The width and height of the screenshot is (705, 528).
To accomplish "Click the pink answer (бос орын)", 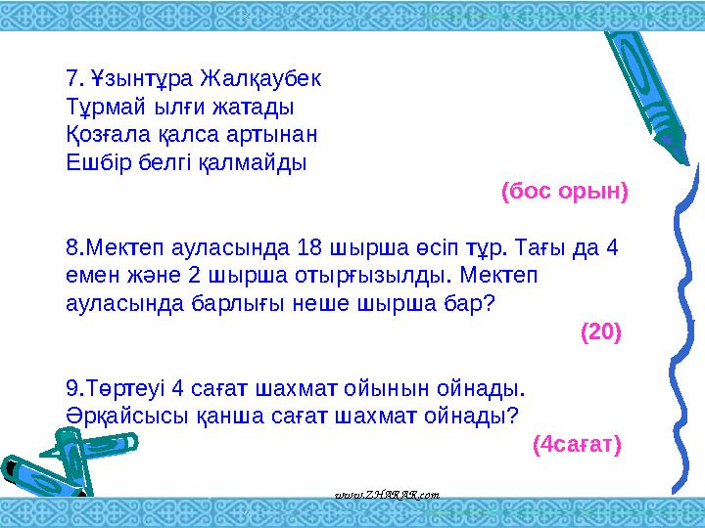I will click(x=564, y=190).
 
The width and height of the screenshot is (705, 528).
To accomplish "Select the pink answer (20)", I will click(x=600, y=332).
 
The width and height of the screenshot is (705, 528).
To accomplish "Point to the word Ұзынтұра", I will click(x=143, y=76).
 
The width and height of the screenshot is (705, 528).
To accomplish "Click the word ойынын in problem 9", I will click(x=377, y=388).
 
